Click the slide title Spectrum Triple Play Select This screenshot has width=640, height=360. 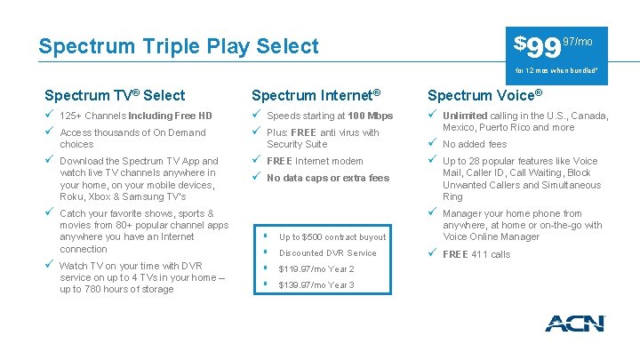[178, 46]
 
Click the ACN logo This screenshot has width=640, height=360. [574, 324]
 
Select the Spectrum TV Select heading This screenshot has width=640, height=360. [116, 95]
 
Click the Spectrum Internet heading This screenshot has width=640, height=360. [316, 95]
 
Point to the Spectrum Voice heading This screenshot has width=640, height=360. [484, 95]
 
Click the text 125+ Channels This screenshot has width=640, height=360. [93, 116]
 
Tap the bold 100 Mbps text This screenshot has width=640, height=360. [371, 116]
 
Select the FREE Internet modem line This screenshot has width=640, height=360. [315, 161]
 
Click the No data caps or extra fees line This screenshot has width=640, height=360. [328, 178]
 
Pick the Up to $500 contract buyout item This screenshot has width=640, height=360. [332, 237]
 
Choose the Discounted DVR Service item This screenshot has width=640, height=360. [327, 253]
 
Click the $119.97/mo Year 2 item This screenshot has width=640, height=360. [316, 269]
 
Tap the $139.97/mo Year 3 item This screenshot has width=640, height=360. [316, 285]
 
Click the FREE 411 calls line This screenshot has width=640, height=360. [476, 254]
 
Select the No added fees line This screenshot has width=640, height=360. [475, 144]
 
